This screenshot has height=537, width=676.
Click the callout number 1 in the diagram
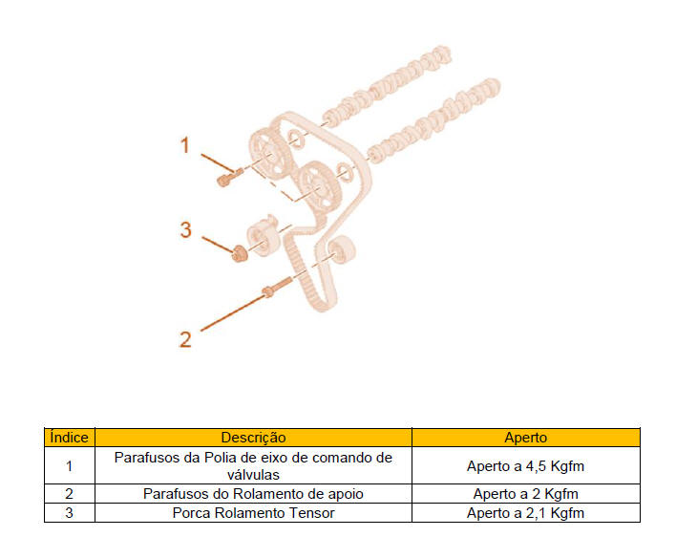tap(186, 144)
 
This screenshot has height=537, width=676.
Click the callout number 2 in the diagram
tap(185, 338)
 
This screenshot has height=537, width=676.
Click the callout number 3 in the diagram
tap(186, 229)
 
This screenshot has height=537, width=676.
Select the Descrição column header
tap(253, 438)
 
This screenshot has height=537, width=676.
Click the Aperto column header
tap(525, 438)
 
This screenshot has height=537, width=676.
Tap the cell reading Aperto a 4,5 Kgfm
tap(525, 466)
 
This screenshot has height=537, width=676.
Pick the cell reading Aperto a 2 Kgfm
tap(525, 494)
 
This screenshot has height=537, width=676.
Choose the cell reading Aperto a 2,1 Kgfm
tap(525, 513)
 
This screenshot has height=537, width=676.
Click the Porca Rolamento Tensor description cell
tap(253, 513)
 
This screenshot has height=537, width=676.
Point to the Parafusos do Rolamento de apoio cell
tap(253, 494)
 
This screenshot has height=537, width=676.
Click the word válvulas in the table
tap(253, 474)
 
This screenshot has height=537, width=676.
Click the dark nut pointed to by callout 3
tap(239, 252)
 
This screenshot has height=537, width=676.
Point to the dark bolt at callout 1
tap(225, 178)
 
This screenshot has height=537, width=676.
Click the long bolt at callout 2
tap(273, 289)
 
